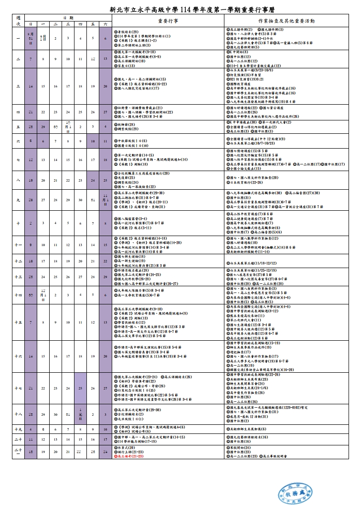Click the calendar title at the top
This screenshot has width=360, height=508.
point(180,8)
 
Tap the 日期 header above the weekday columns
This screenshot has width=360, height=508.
point(69,18)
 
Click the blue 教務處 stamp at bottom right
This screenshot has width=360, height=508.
point(295,490)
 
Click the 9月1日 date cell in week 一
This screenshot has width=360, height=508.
point(43,38)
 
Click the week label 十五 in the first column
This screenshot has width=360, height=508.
point(18,322)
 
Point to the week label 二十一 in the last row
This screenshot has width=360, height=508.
point(18,451)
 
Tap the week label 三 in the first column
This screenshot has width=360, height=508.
point(18,86)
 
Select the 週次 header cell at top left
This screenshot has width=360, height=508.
point(18,21)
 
